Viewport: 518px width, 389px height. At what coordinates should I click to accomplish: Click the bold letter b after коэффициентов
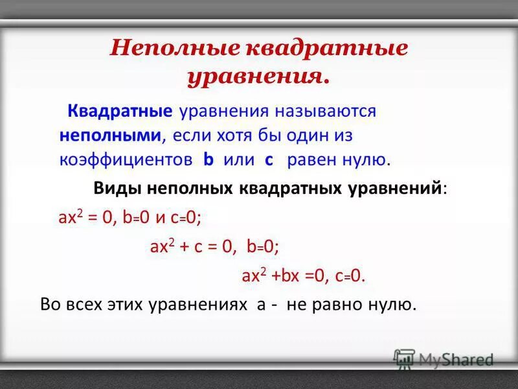tap(208, 159)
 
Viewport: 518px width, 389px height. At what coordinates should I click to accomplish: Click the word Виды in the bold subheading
tap(118, 189)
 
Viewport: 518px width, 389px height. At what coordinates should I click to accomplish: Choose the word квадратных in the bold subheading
tap(287, 189)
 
